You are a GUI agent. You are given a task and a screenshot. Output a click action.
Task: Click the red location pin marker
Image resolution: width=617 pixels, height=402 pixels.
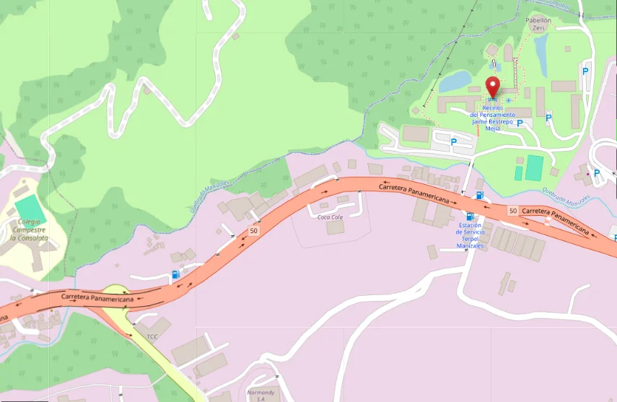coord(493,87)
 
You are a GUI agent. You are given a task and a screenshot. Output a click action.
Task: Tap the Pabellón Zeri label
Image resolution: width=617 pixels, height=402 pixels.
coord(538,25)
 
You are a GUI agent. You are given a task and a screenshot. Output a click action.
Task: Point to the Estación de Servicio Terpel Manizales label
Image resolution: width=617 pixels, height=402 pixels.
coord(470,235)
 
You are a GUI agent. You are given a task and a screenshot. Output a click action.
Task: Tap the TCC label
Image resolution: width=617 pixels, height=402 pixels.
coord(152,337)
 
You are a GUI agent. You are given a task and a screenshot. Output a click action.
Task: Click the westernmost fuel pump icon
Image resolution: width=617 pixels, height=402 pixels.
coord(175,274)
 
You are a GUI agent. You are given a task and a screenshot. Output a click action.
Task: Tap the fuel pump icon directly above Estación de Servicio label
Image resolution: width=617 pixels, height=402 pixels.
coord(470,216)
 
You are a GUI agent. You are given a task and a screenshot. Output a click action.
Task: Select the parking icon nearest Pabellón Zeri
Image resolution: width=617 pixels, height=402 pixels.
coord(585,71)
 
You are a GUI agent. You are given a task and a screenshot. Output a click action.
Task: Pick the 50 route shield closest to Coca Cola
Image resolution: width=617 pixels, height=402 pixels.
coord(253,231)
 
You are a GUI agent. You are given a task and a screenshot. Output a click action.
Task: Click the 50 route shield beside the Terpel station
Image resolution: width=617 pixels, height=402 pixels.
coord(512,211)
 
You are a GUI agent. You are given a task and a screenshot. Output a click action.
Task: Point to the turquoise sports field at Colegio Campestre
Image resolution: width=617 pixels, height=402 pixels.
coord(30,210)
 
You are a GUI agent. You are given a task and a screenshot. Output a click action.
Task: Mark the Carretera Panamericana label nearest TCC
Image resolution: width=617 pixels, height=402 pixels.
coord(97,297)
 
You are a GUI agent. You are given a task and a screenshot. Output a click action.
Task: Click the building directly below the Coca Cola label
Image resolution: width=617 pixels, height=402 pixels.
coord(335,228)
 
